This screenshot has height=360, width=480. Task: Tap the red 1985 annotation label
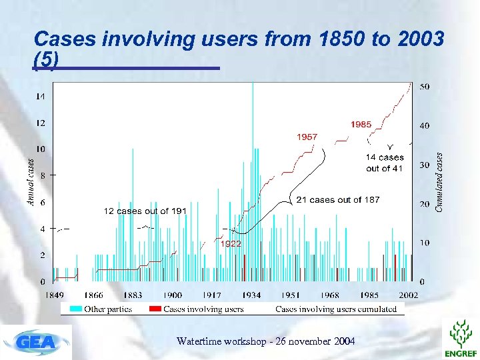(361, 124)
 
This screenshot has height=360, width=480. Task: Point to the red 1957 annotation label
(307, 137)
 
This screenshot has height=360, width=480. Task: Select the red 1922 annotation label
(231, 244)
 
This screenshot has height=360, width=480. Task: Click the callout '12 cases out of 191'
(145, 211)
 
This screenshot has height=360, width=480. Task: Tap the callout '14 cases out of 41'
(385, 163)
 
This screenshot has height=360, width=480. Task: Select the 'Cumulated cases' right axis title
(439, 181)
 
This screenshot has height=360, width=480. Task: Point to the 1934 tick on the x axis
(251, 295)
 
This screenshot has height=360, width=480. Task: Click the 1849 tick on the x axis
(55, 295)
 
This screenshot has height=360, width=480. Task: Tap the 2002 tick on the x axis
(409, 295)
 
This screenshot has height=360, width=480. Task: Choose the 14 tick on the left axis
(41, 97)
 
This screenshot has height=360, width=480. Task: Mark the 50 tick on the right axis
(424, 87)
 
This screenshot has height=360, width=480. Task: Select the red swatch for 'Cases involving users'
(154, 309)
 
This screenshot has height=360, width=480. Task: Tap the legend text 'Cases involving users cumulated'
(336, 309)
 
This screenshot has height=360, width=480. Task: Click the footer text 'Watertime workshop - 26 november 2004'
(265, 341)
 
